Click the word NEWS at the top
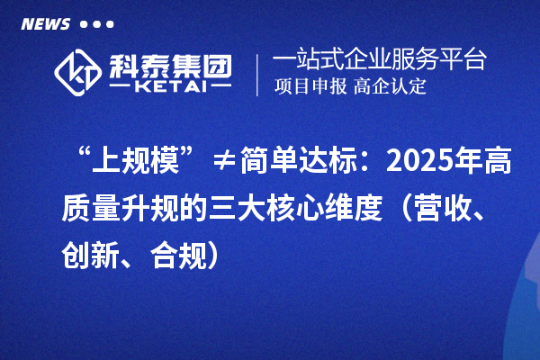[x=46, y=23]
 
